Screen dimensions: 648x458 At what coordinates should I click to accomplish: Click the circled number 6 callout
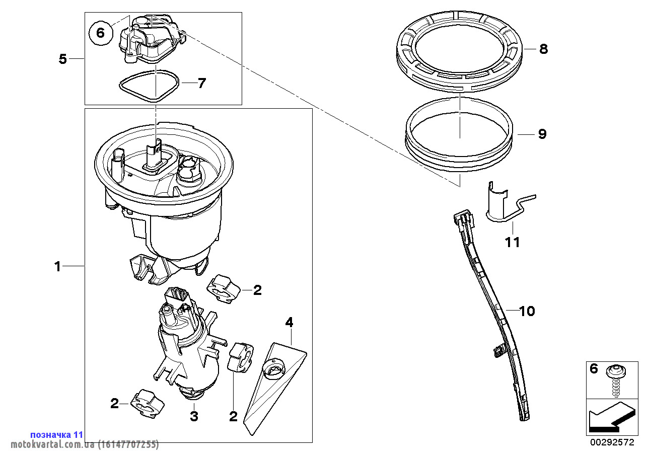100,33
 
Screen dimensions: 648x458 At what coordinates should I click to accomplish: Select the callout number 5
63,59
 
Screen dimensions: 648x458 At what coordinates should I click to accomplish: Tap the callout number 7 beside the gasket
201,83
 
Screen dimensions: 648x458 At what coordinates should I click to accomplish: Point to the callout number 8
543,49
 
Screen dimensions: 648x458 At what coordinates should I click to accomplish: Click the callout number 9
542,134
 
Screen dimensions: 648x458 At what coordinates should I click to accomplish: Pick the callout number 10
527,311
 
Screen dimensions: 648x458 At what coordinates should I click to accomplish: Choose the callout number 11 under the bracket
512,242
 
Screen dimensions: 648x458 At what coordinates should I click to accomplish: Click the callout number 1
58,266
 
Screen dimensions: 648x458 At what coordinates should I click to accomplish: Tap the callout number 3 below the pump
194,416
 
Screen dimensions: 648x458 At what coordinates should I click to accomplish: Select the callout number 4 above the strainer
290,322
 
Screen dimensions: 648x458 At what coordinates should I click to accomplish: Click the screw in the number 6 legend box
617,381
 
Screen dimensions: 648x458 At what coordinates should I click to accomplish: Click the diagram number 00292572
612,442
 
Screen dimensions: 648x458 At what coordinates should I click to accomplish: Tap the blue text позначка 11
57,434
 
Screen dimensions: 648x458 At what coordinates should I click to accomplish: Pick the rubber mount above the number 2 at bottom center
240,357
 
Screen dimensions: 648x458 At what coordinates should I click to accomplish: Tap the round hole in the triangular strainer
273,369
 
